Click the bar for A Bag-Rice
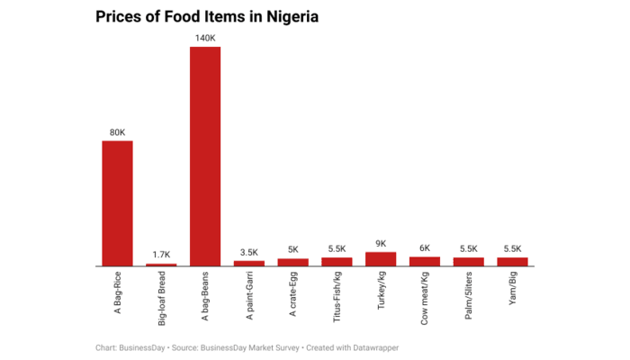click(117, 203)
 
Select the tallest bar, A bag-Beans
click(205, 157)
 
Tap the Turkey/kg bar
click(381, 259)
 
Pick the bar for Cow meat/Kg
click(425, 262)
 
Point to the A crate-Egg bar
click(292, 263)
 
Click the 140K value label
click(205, 38)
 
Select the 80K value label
click(117, 132)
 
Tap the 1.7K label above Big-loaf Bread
click(161, 255)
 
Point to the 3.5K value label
click(249, 252)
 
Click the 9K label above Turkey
click(381, 243)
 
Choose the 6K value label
click(425, 248)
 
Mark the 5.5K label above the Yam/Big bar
click(513, 249)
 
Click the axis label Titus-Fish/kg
click(337, 297)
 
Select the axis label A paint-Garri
click(249, 298)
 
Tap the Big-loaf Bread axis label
click(161, 301)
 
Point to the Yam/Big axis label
click(513, 289)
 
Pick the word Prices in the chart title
click(120, 17)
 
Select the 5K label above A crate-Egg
click(292, 249)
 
